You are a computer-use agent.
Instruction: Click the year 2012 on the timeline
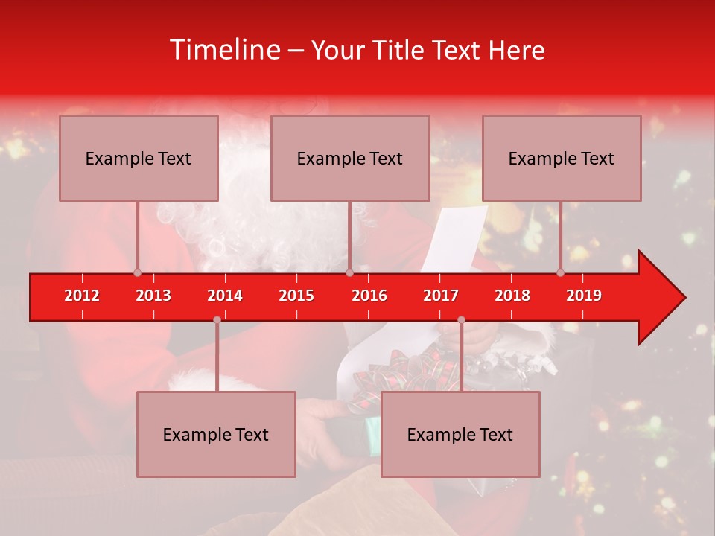82,296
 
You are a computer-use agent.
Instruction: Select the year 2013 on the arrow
153,296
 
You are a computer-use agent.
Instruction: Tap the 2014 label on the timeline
225,296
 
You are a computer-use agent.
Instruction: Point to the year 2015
296,296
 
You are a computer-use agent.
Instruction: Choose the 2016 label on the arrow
369,296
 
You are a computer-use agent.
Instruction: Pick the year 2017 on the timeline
441,296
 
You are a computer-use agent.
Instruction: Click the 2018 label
512,296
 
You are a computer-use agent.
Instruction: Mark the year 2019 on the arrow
584,296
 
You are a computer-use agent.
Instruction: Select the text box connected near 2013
139,159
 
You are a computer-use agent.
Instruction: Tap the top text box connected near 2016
350,159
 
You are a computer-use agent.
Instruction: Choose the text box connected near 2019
562,159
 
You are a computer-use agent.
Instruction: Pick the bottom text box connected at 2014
216,435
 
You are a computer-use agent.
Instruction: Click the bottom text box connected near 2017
460,435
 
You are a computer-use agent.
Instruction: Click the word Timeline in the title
223,50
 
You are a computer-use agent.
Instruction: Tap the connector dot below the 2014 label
217,319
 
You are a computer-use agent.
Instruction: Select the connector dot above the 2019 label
561,272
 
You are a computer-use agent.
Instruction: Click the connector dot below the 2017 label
461,319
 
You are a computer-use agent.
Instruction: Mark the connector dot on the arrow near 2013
137,272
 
